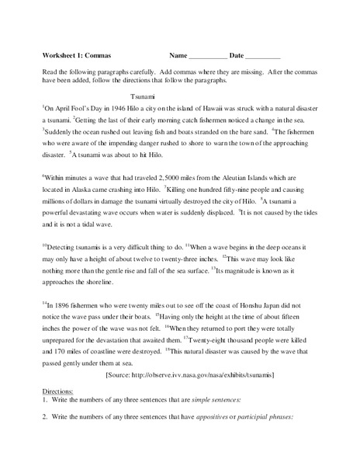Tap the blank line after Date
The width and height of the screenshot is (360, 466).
click(263, 58)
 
